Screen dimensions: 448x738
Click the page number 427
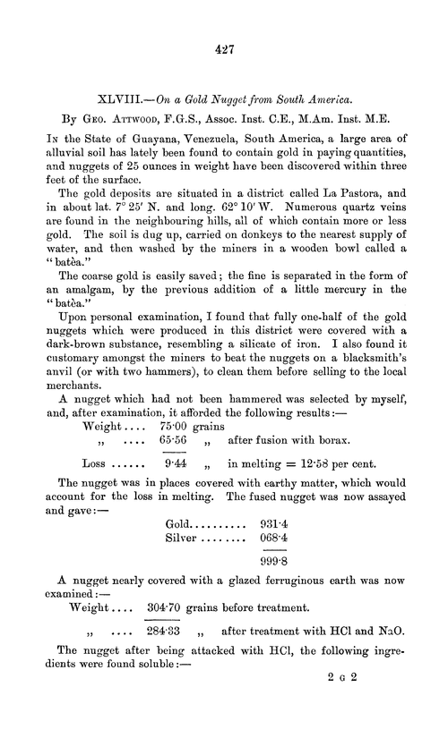(224, 51)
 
